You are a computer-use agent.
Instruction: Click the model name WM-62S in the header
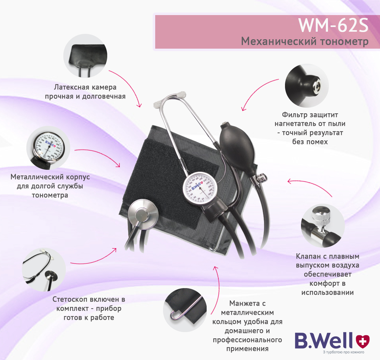(x=333, y=25)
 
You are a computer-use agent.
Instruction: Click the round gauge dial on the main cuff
(x=198, y=188)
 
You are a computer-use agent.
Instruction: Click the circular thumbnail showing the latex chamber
(x=85, y=56)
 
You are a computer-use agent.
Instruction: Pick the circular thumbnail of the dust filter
(x=307, y=86)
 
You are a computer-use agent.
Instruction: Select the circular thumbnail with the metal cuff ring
(x=185, y=310)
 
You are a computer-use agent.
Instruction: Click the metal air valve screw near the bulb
(x=261, y=178)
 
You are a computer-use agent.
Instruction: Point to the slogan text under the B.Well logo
(x=344, y=352)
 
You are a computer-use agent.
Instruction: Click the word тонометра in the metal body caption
(x=50, y=195)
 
